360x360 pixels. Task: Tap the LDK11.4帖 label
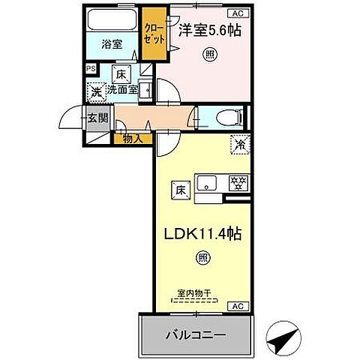(x=202, y=234)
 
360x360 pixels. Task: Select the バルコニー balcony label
(x=195, y=334)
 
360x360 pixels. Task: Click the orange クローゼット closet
(x=155, y=33)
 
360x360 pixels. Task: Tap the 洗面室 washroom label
(x=121, y=89)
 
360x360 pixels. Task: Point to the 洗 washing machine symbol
(x=96, y=92)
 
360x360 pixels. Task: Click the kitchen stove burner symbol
(x=238, y=182)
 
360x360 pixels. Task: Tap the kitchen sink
(x=208, y=182)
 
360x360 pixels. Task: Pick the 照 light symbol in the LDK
(x=202, y=259)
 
